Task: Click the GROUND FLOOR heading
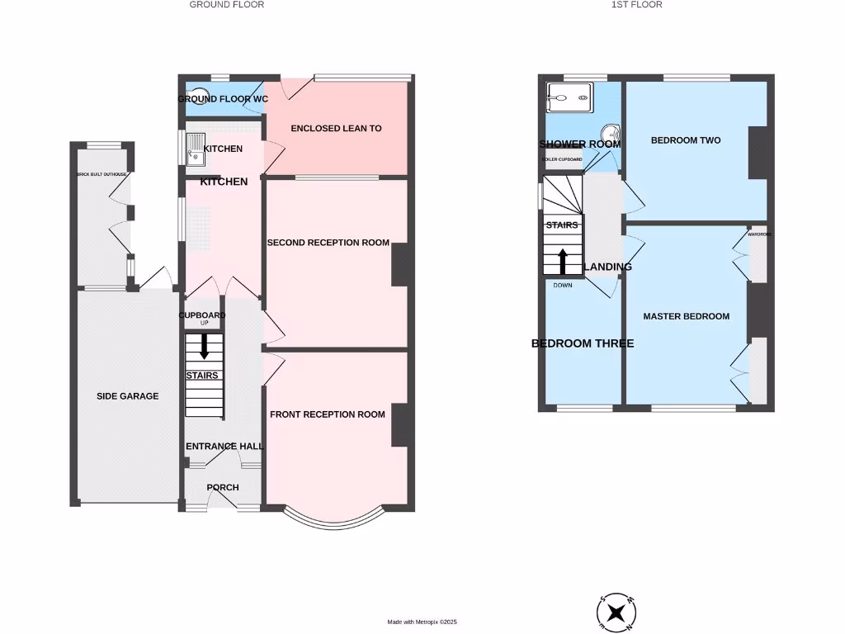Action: click(227, 5)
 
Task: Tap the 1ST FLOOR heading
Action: click(636, 5)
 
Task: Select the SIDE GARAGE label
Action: click(127, 396)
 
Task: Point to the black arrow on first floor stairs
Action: click(563, 261)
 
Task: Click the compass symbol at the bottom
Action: click(616, 612)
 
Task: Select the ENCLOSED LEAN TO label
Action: click(335, 129)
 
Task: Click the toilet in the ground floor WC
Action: click(199, 95)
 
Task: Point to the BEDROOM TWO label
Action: click(686, 140)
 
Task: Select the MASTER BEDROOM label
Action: click(686, 316)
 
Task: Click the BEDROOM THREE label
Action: click(583, 343)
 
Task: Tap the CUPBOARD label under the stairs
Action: click(203, 315)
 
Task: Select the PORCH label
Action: click(223, 488)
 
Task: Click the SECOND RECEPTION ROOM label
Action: click(328, 243)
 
